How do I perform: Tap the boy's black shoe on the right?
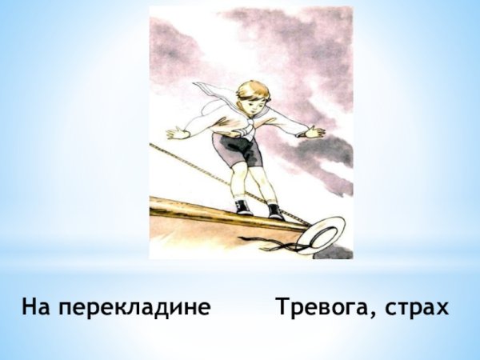275,212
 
